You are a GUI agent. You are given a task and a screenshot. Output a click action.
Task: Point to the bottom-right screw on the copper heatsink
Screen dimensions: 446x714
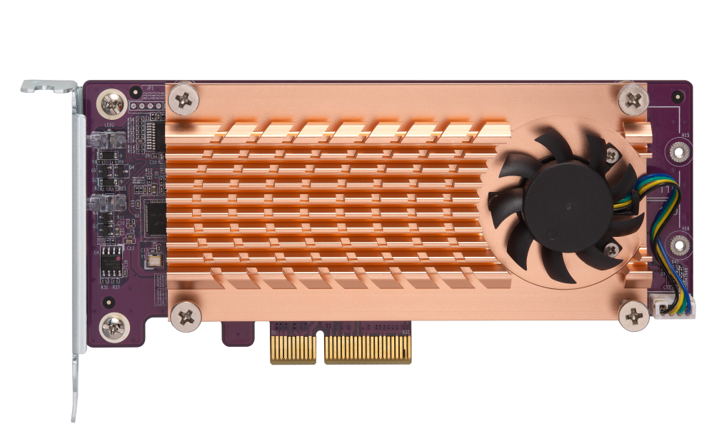click(x=634, y=314)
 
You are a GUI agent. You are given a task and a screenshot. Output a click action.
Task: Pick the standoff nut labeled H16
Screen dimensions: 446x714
click(x=678, y=245)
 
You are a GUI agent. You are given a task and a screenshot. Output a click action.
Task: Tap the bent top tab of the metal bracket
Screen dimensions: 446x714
click(x=49, y=86)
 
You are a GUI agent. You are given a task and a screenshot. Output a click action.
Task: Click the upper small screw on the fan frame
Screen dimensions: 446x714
click(x=612, y=152)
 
